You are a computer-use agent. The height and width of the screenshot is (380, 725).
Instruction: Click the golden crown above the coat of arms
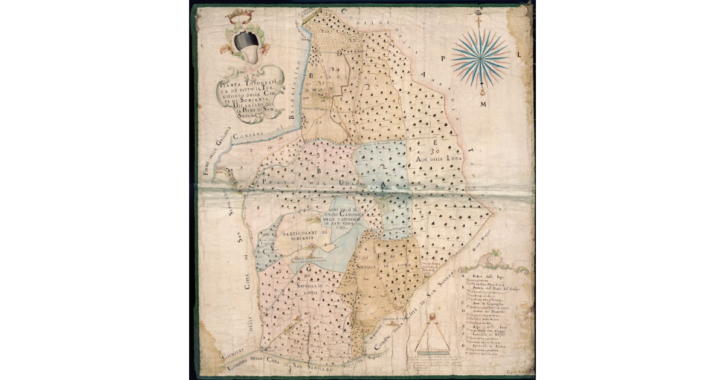pyautogui.click(x=239, y=17)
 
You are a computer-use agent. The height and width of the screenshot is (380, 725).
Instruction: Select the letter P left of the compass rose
pyautogui.click(x=442, y=59)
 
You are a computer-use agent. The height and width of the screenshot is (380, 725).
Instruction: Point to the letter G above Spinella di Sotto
pyautogui.click(x=309, y=268)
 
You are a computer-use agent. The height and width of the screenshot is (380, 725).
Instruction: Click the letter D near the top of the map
pyautogui.click(x=340, y=53)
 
